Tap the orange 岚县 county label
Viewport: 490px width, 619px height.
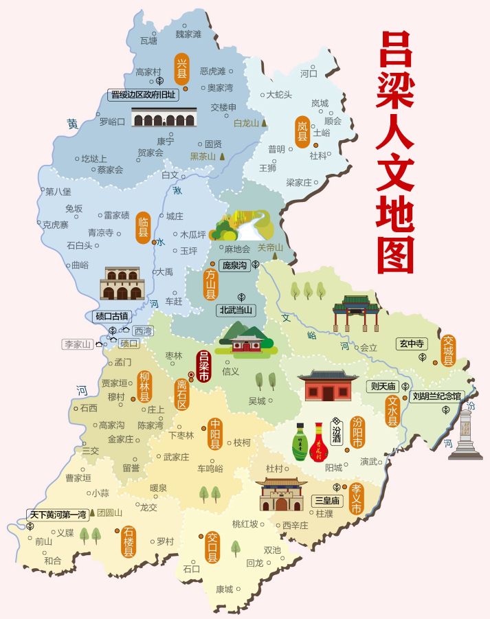(302, 129)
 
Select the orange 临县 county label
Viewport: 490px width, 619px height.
(143, 225)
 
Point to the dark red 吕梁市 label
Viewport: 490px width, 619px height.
(203, 366)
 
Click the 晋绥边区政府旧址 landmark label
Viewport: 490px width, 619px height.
(143, 95)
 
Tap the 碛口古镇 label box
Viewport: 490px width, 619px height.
(111, 316)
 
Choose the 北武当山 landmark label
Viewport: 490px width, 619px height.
(236, 310)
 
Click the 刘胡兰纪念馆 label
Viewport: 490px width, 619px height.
(437, 396)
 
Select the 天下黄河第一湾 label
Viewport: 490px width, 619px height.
(58, 513)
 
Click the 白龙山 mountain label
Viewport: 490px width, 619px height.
(245, 124)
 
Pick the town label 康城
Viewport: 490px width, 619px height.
(224, 589)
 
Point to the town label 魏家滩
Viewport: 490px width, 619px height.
(188, 34)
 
